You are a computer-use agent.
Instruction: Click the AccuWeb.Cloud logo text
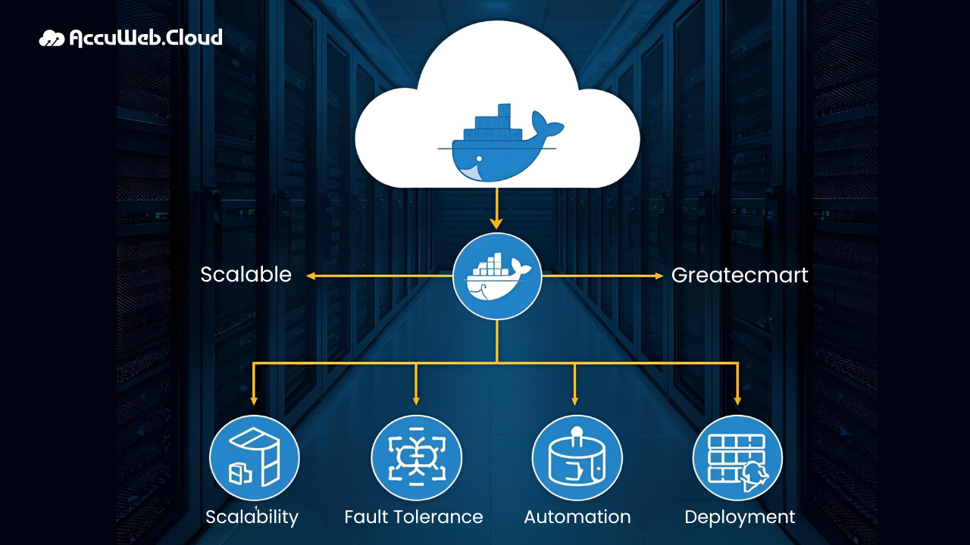pos(145,37)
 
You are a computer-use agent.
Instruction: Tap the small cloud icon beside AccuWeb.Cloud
pos(52,38)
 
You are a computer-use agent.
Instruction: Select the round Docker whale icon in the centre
pos(497,276)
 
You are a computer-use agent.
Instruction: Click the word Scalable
pos(246,274)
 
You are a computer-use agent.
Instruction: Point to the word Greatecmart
pos(740,275)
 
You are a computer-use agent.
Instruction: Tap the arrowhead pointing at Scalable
pos(311,276)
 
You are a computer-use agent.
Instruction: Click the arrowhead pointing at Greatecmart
pos(659,276)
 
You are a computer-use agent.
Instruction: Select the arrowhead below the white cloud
pos(496,223)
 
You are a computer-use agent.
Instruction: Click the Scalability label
pos(252,518)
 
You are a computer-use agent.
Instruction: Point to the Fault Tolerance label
pos(414,517)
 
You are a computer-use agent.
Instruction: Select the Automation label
pos(577,517)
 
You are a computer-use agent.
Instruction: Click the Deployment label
pos(740,518)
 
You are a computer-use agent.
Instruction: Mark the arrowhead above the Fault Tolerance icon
pos(416,400)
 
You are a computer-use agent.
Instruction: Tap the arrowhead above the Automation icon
pos(575,400)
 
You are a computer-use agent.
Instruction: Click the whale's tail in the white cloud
pos(547,123)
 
